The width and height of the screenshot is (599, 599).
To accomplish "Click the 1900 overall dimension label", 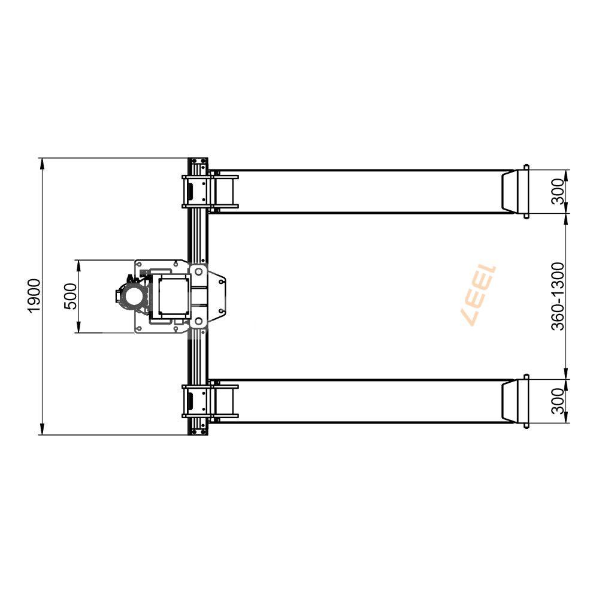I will tap(34, 295).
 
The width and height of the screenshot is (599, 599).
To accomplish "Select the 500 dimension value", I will tap(70, 296).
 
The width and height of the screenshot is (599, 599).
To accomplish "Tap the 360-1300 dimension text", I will tap(558, 296).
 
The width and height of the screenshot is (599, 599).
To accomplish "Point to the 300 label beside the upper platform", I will tap(558, 191).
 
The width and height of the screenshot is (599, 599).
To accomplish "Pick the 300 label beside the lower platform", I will tap(558, 401).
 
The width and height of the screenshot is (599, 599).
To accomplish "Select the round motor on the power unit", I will tap(131, 296).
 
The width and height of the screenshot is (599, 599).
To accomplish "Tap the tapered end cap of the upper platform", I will tap(513, 191).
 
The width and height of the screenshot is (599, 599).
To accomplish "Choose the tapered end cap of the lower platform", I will tap(513, 401).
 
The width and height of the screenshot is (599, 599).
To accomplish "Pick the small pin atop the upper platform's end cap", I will tap(526, 167).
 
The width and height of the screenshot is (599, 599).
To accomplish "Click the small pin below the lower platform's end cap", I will tap(526, 425).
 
